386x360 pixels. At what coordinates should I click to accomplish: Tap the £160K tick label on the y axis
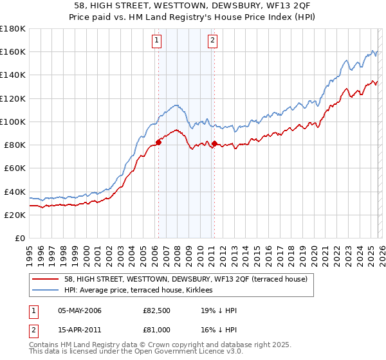(12, 51)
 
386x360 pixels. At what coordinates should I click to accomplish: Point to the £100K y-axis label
(12, 122)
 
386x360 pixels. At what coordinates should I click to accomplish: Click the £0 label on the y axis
(20, 238)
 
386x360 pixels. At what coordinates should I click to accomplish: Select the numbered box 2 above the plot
(213, 40)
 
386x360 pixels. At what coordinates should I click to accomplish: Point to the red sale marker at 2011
(214, 143)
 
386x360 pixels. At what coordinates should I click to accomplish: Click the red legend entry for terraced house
(186, 279)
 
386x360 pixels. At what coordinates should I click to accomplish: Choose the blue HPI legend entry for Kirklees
(142, 290)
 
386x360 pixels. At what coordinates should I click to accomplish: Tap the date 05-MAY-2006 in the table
(80, 310)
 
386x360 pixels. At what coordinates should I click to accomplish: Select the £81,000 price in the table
(156, 329)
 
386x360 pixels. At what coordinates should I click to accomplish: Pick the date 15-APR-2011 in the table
(80, 329)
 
